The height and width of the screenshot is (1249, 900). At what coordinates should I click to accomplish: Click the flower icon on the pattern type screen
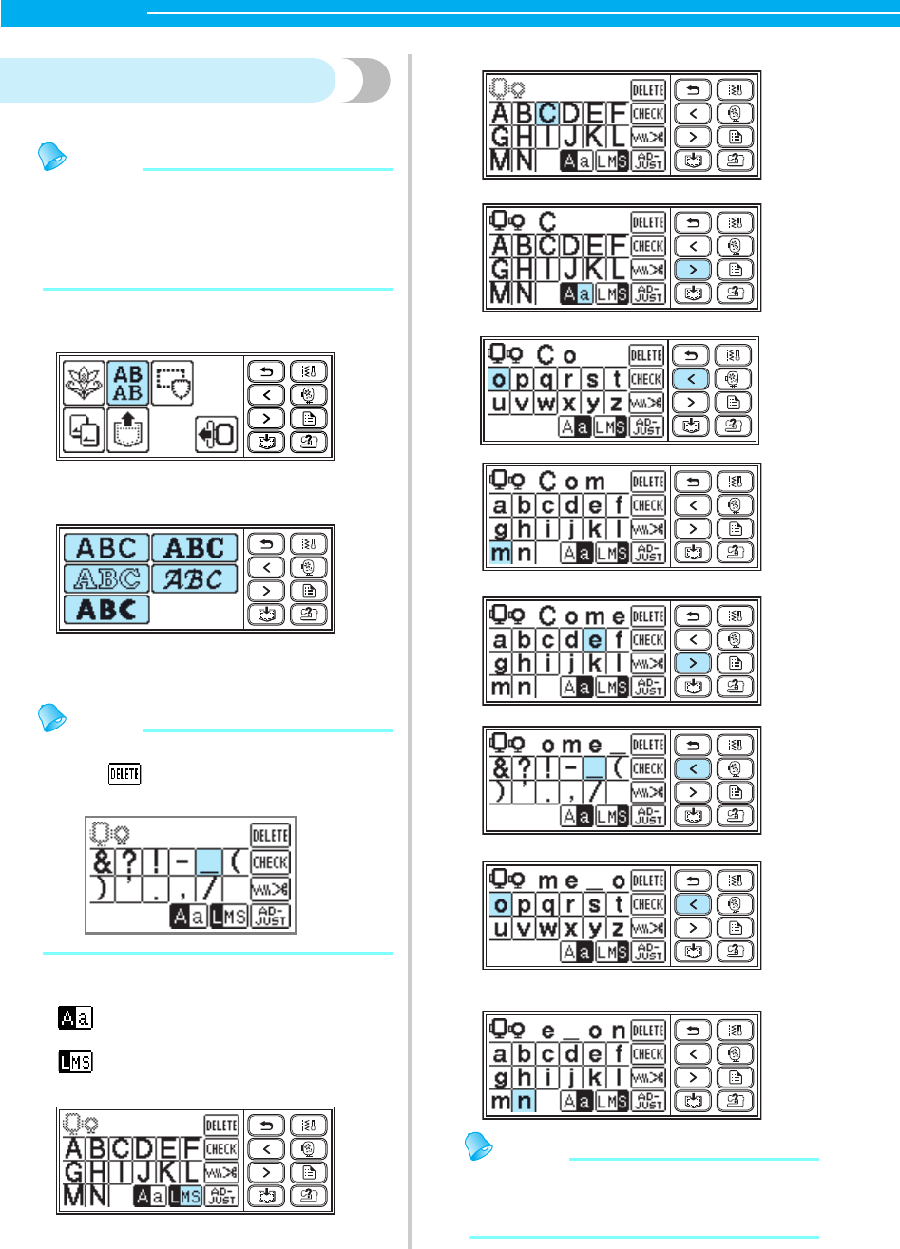coord(84,384)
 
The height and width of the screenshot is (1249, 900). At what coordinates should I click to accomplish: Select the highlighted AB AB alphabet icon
coord(128,384)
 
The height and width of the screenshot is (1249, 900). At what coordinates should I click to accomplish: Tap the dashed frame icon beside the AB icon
coord(173,384)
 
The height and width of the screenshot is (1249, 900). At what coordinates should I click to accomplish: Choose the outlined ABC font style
coord(106,578)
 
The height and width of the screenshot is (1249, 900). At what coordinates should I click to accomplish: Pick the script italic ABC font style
coord(195,578)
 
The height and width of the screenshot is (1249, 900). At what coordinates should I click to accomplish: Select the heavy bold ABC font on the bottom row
coord(106,609)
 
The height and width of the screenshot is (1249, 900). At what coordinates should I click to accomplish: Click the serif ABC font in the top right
coord(195,548)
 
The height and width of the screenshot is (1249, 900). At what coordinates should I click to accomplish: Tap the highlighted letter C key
coord(547,114)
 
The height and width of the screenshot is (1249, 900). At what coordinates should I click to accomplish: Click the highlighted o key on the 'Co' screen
coord(499,379)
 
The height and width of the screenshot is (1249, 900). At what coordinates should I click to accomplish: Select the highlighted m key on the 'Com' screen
coord(501,552)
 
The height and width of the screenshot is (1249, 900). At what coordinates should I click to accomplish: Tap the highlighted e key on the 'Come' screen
coord(595,640)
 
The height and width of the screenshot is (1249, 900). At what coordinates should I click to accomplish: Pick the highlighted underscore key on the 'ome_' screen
coord(595,768)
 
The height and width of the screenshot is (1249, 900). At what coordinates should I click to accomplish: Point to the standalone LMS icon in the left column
coord(76,1061)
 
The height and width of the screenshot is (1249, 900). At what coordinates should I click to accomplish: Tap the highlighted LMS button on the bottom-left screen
coord(185,1196)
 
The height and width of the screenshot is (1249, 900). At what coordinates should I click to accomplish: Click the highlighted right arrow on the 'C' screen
coord(692,270)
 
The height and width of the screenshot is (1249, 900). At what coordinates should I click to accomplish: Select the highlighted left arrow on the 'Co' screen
coord(690,379)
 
